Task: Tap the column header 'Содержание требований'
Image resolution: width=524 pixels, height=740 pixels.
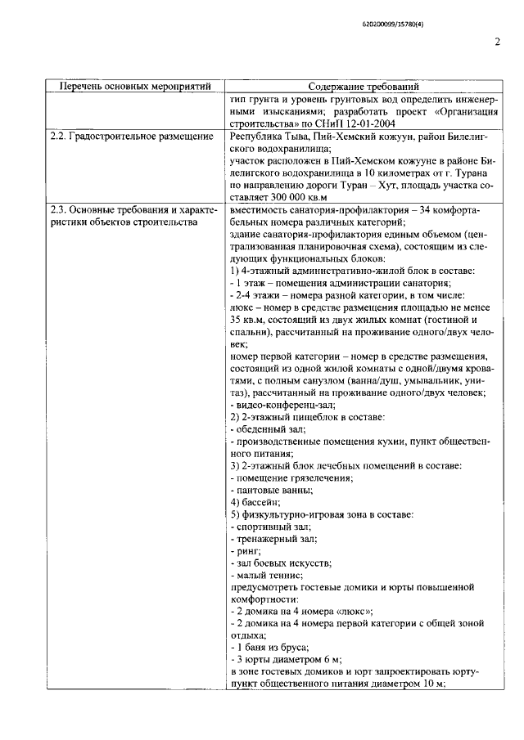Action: point(364,86)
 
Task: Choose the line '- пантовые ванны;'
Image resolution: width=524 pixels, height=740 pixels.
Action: point(271,490)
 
